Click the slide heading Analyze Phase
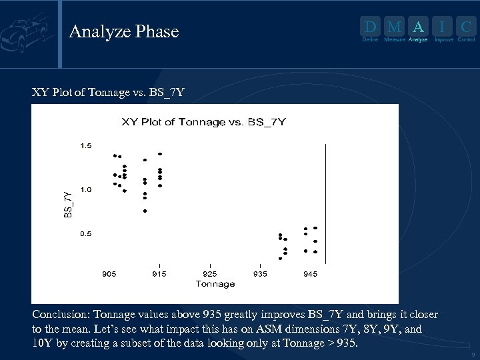point(124,31)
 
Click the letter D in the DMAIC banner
point(370,27)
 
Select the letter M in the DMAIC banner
point(394,27)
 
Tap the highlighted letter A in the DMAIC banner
point(417,27)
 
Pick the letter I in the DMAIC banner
point(442,27)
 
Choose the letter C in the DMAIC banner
point(467,27)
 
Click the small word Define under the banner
point(370,40)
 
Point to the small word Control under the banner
point(466,40)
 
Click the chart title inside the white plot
point(203,121)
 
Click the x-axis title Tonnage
point(215,284)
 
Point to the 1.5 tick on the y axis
point(86,145)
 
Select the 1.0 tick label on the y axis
point(86,190)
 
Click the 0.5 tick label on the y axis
point(86,234)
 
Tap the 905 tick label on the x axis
point(109,274)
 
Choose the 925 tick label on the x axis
point(209,274)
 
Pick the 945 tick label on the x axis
point(310,274)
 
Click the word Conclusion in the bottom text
point(61,314)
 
